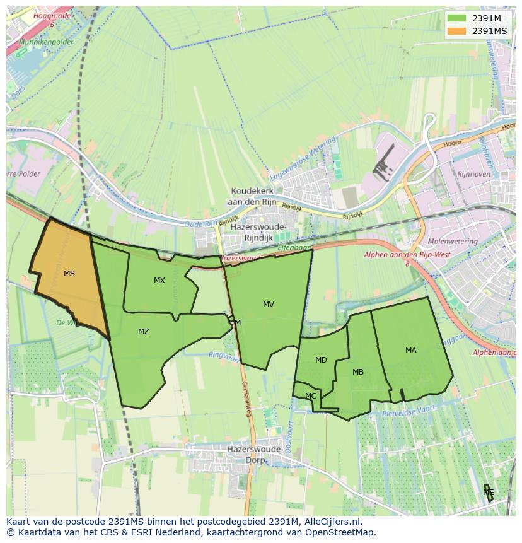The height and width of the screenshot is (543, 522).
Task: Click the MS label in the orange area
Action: pyautogui.click(x=69, y=274)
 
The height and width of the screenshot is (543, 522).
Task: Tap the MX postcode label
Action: pyautogui.click(x=159, y=281)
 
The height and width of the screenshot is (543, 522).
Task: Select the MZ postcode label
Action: pyautogui.click(x=144, y=332)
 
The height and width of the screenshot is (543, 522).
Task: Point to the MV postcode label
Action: pyautogui.click(x=269, y=305)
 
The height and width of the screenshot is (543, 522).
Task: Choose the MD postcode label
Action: pyautogui.click(x=321, y=360)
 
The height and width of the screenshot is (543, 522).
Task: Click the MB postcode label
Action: pyautogui.click(x=358, y=372)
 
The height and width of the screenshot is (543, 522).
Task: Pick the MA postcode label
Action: pyautogui.click(x=411, y=351)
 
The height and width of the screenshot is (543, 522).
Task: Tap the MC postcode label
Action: pyautogui.click(x=311, y=396)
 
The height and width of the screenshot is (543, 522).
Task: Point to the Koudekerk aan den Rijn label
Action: pyautogui.click(x=258, y=196)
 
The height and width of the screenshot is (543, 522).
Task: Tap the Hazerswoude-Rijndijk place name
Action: pyautogui.click(x=258, y=232)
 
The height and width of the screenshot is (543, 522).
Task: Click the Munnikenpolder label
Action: pyautogui.click(x=47, y=42)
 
